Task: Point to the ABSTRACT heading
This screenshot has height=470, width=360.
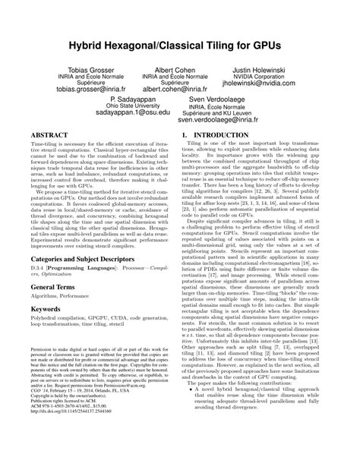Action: [x=49, y=132]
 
